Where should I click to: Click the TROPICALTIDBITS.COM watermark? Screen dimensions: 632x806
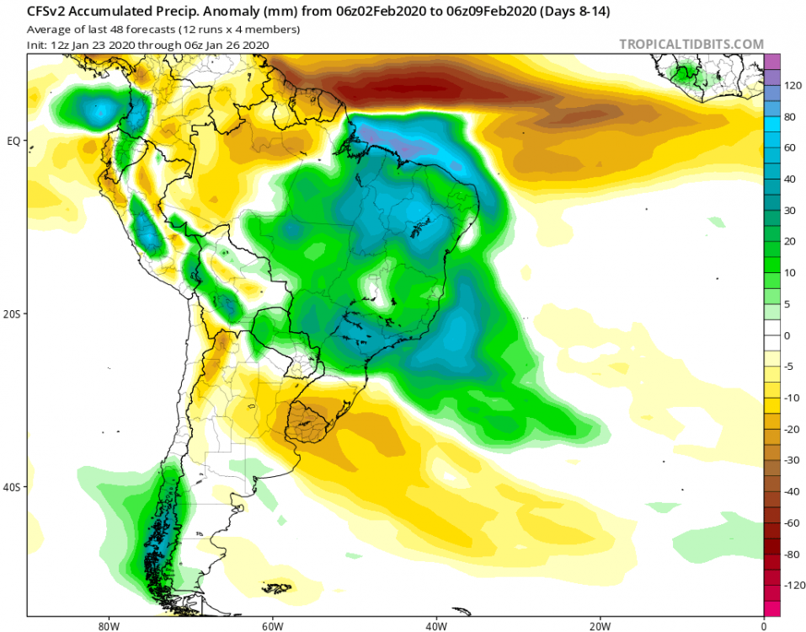coord(691,44)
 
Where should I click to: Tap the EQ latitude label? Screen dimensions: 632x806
coord(13,141)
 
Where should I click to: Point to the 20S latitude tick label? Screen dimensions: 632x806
coord(13,313)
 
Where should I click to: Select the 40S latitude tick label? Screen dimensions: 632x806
coord(13,487)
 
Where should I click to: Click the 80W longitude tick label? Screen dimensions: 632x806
coord(107,626)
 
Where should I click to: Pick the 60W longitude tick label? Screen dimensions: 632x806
coord(271,626)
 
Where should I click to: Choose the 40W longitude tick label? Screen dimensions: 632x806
coord(435,626)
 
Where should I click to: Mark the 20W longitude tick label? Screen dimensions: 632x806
coord(600,626)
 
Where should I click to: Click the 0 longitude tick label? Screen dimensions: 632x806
coord(763,626)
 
